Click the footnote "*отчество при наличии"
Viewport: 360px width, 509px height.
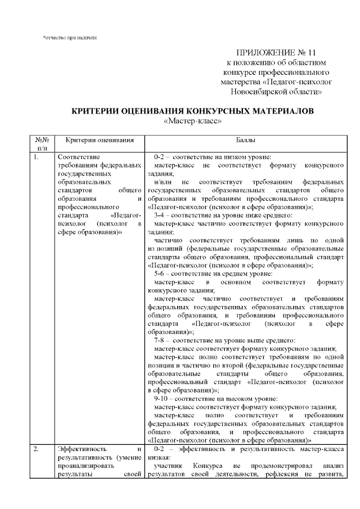pyautogui.click(x=70, y=38)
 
